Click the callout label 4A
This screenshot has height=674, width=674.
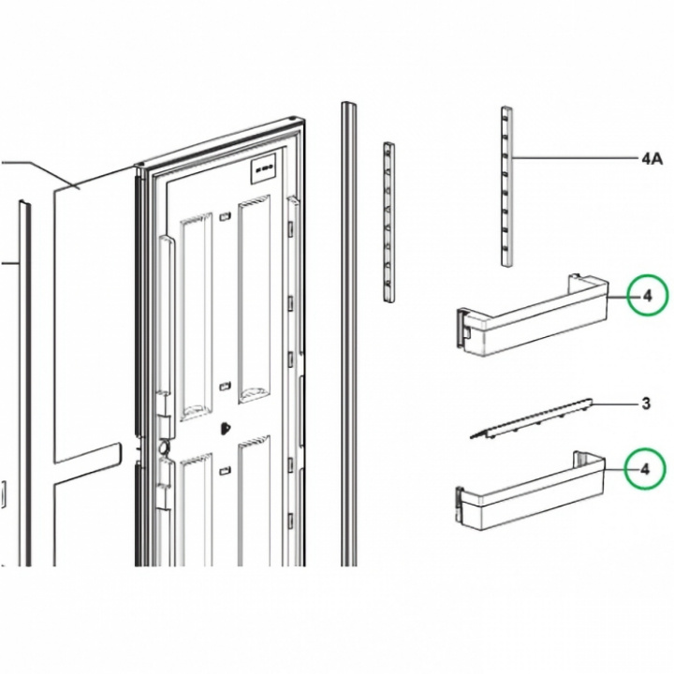652,159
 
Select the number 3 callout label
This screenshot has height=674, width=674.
646,403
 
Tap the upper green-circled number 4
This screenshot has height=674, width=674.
648,297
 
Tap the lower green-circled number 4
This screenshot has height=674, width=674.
644,469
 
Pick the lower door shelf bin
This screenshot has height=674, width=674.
530,491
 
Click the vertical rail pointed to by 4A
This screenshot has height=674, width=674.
506,186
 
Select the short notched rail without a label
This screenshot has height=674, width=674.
389,221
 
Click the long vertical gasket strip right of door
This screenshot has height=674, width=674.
348,333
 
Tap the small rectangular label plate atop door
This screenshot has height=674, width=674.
263,168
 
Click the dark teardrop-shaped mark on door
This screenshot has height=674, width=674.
225,428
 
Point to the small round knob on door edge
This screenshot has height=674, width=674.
164,447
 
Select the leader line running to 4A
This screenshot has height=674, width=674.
575,158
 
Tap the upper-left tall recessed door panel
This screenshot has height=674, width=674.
196,316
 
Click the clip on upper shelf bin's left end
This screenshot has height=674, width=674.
462,327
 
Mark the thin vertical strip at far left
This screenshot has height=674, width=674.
25,383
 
